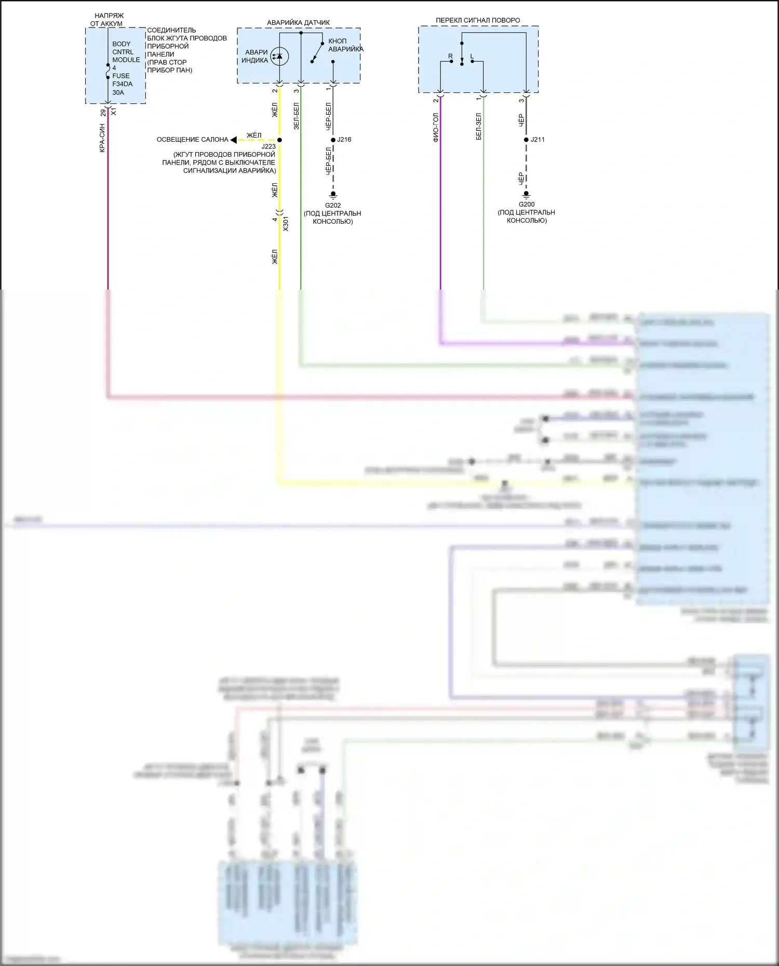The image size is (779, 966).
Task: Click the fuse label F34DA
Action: pyautogui.click(x=123, y=84)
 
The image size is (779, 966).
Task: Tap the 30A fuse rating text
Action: pyautogui.click(x=118, y=93)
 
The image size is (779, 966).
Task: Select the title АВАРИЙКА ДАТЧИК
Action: pyautogui.click(x=298, y=23)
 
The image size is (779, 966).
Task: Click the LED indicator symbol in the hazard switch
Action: pyautogui.click(x=279, y=56)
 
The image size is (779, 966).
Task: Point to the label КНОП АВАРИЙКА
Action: pyautogui.click(x=345, y=45)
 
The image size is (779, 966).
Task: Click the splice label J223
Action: pyautogui.click(x=268, y=147)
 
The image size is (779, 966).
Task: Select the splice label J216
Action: pyautogui.click(x=344, y=140)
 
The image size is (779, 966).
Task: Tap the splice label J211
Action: pyautogui.click(x=538, y=140)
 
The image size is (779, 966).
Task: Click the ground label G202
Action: pyautogui.click(x=333, y=206)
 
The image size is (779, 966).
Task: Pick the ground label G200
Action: pyautogui.click(x=527, y=205)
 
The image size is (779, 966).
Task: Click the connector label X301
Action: pyautogui.click(x=286, y=224)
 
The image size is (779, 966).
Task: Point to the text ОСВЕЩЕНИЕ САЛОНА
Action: pyautogui.click(x=192, y=140)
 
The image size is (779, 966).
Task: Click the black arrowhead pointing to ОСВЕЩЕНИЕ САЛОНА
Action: pyautogui.click(x=234, y=140)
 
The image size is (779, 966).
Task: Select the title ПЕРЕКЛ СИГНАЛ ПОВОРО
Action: pyautogui.click(x=478, y=20)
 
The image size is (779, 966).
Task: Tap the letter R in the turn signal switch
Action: pyautogui.click(x=450, y=56)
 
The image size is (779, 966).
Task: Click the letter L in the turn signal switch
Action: pyautogui.click(x=472, y=56)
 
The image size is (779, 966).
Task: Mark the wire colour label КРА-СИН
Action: pyautogui.click(x=102, y=138)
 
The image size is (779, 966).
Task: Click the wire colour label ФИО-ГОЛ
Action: pyautogui.click(x=436, y=128)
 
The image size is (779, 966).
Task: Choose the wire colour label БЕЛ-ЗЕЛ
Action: pyautogui.click(x=478, y=127)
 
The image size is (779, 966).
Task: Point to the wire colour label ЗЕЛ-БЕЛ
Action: pyautogui.click(x=296, y=116)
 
